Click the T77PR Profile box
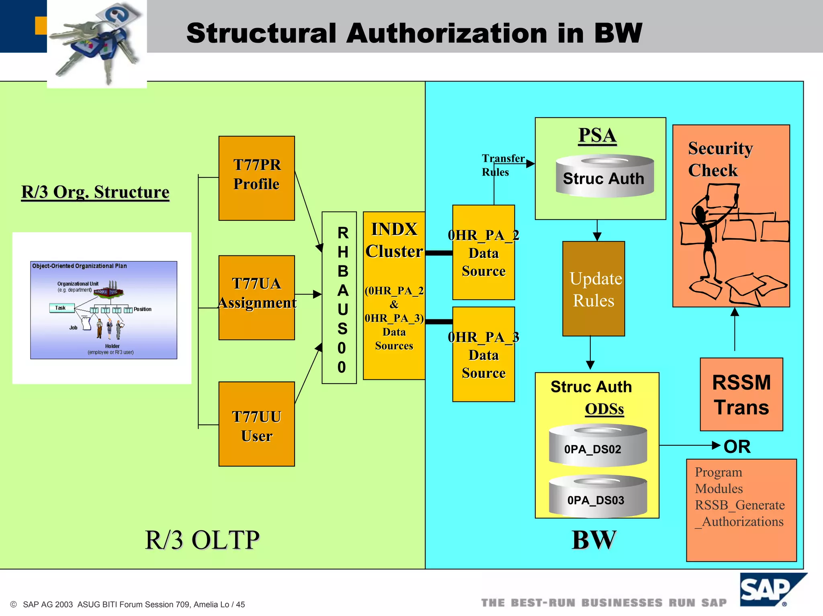click(256, 178)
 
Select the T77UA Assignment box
click(256, 297)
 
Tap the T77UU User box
click(256, 424)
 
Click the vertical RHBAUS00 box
click(339, 298)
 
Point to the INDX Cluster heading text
click(394, 240)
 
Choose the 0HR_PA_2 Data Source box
click(483, 252)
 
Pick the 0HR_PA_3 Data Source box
click(483, 354)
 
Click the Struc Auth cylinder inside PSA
click(604, 177)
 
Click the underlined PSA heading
click(597, 135)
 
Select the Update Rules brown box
click(594, 289)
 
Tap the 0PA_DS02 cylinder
click(598, 446)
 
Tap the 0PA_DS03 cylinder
click(598, 497)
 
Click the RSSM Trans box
click(741, 394)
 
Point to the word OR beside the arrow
click(737, 447)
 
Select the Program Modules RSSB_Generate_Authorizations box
click(741, 510)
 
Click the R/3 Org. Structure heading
click(95, 192)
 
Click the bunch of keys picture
click(97, 42)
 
